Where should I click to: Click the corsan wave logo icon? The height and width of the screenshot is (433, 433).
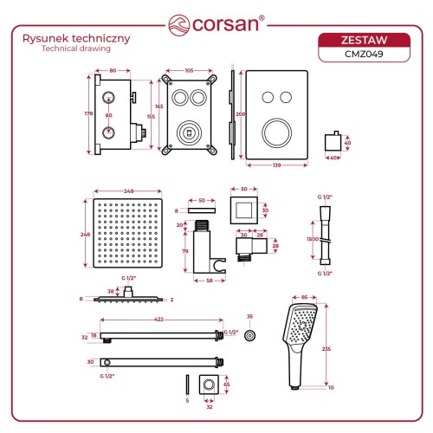179,25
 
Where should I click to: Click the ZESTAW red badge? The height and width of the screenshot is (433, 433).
364,40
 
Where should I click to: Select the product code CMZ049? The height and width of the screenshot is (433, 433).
364,54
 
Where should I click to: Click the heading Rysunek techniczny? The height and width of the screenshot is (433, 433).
76,38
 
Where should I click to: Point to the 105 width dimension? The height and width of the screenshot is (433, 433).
189,71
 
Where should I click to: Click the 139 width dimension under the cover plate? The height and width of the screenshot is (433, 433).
276,165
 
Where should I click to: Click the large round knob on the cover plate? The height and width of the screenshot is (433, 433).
276,133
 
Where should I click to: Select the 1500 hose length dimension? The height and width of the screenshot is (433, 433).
313,239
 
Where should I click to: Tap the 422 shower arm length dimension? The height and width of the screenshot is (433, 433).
158,320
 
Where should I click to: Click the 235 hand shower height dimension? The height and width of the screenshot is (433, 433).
326,349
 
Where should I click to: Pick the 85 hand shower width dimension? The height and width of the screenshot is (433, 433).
304,297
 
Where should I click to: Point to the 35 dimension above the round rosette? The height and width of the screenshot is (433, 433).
249,317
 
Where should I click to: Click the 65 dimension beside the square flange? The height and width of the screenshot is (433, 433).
227,385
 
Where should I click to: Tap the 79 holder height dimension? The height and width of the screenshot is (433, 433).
185,251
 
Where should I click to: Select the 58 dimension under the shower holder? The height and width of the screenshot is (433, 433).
210,281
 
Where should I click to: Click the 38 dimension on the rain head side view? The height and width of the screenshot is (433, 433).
111,292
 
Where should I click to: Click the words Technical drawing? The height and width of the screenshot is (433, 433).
76,48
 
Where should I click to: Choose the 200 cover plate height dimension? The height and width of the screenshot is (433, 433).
241,114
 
